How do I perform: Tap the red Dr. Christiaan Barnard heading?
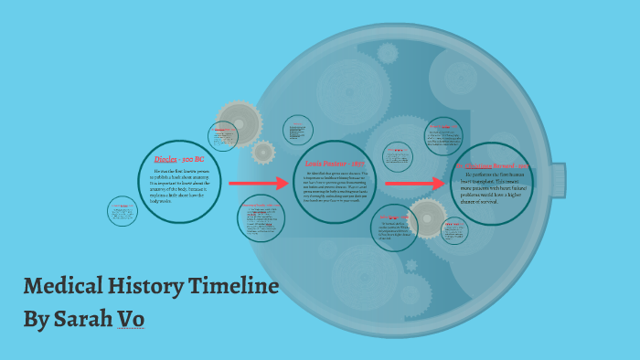(495, 165)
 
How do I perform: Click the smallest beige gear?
(263, 152)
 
